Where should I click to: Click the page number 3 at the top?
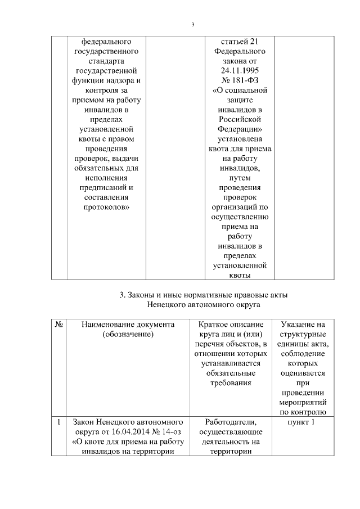pyautogui.click(x=193, y=24)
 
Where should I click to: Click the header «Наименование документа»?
pyautogui.click(x=128, y=325)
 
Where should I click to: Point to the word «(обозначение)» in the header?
pyautogui.click(x=128, y=335)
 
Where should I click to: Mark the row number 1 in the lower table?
pyautogui.click(x=60, y=421)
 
